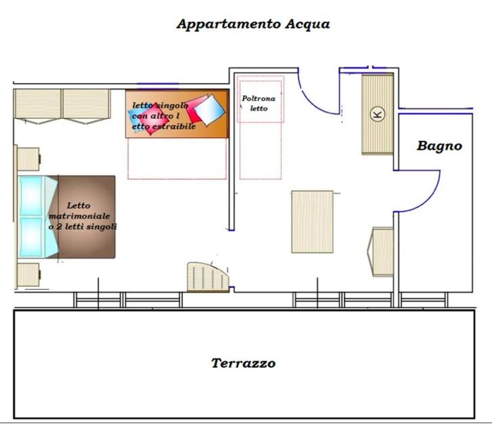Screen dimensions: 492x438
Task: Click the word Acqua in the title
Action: (307, 24)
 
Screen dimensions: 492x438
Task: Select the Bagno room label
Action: (439, 146)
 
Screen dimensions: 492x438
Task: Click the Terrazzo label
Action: (244, 363)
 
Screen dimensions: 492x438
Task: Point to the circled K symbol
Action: (378, 114)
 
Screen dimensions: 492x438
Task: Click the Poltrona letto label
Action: (259, 104)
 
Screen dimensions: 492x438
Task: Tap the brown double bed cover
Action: (85, 217)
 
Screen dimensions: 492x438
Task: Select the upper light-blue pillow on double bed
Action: (30, 196)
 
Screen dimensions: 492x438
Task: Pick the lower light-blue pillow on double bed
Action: (30, 237)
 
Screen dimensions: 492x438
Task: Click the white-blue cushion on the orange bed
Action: (210, 110)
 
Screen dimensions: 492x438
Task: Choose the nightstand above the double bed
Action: (28, 159)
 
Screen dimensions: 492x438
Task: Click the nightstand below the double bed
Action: (28, 275)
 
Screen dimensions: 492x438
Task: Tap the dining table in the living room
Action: (312, 221)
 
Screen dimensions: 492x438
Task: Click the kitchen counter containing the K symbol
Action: (378, 114)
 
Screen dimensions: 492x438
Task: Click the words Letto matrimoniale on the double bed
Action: (79, 211)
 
